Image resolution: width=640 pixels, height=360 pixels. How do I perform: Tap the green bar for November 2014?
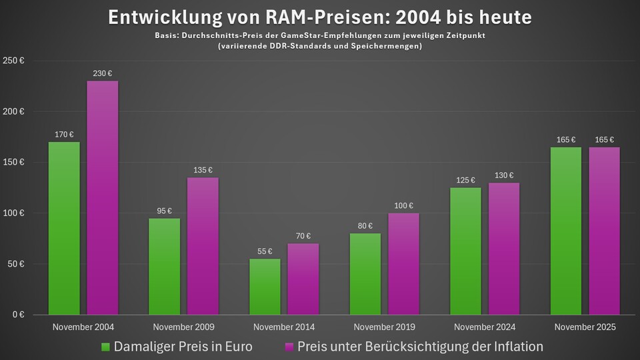(x=265, y=287)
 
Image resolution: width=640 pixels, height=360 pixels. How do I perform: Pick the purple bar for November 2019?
(x=404, y=264)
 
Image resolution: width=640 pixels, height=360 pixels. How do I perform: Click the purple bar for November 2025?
(x=604, y=231)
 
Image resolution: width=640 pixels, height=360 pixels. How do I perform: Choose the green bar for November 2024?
(x=466, y=251)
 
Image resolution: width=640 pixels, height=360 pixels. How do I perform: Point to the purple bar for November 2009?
(x=203, y=246)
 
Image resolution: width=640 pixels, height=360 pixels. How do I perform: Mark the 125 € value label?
(x=466, y=179)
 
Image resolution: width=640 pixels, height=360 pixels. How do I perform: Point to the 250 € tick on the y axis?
(x=14, y=61)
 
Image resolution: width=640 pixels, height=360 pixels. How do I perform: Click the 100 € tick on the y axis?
(x=14, y=213)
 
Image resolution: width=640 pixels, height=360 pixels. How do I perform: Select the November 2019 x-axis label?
(x=385, y=327)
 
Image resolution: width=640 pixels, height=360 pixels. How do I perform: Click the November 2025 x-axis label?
(x=585, y=327)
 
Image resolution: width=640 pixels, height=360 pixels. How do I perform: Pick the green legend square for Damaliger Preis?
(x=105, y=347)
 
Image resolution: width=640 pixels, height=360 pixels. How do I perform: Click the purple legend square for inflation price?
(x=289, y=347)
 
